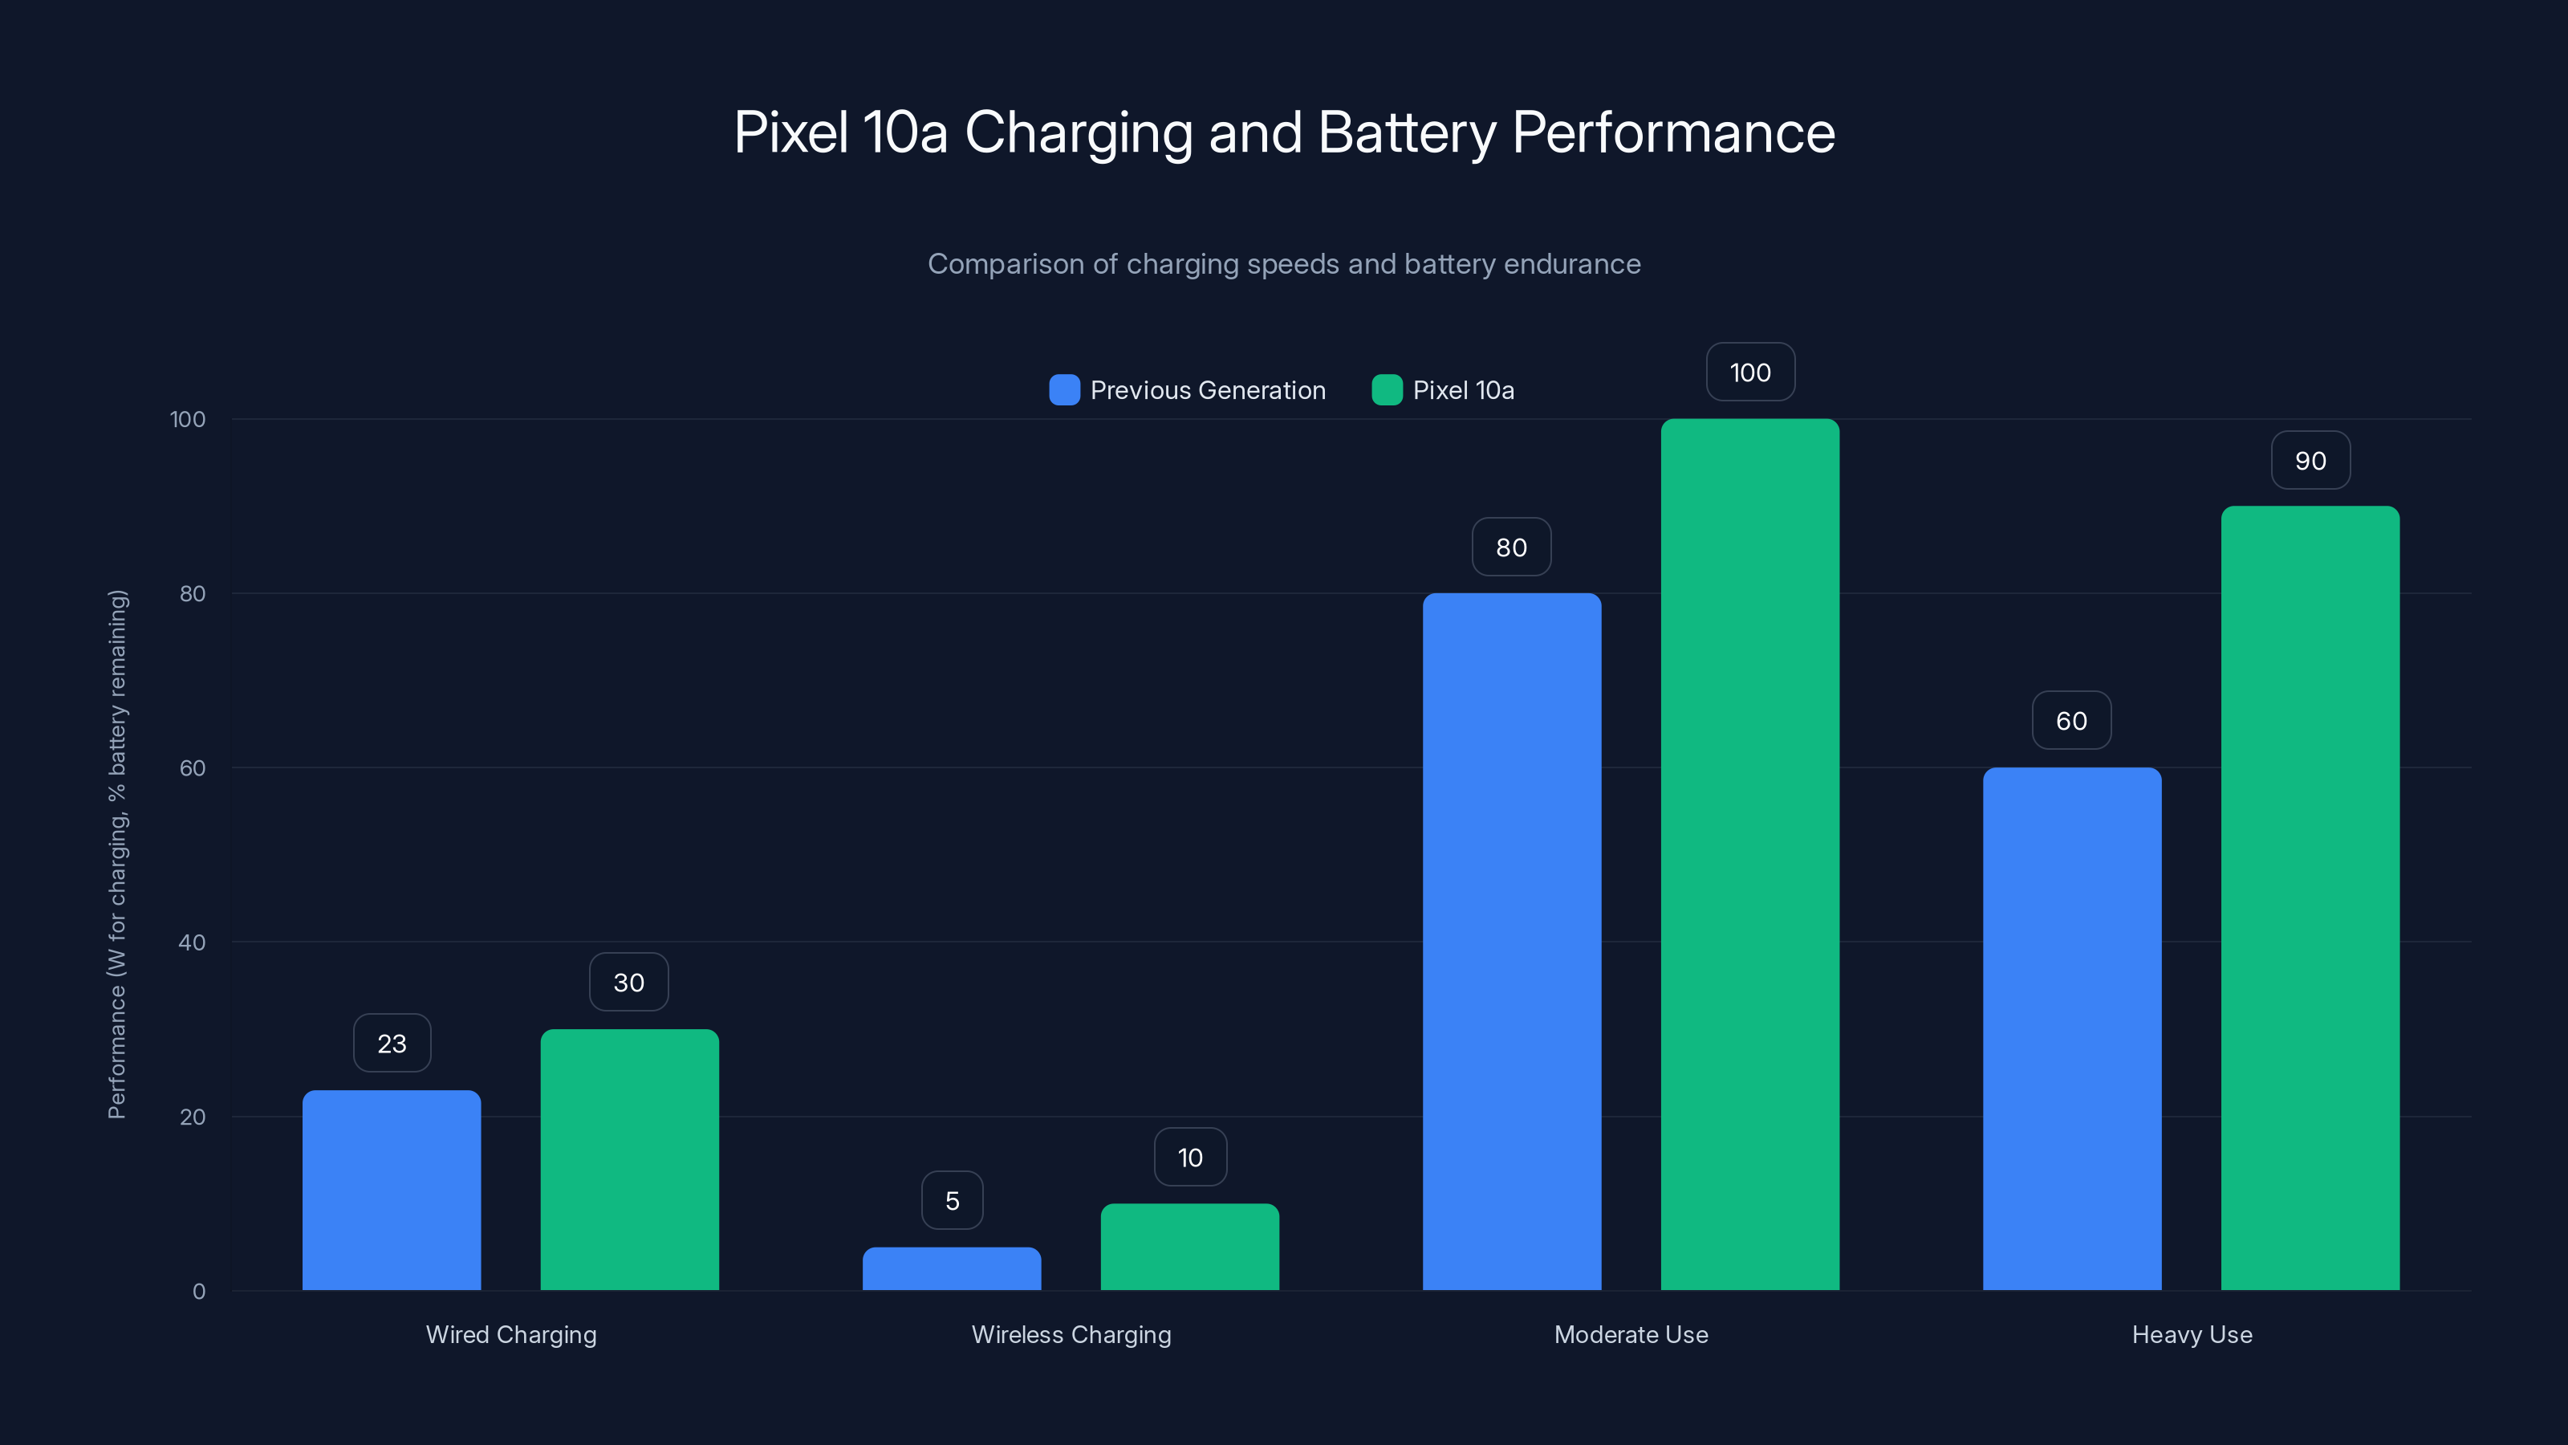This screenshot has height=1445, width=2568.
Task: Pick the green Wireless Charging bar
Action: pos(1189,1247)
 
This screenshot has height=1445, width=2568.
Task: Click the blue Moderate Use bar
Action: pos(1511,942)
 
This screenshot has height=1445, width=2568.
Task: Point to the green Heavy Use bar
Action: pos(2310,898)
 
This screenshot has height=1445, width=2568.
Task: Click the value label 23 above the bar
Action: pos(392,1043)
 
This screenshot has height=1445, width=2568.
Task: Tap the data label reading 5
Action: pos(952,1201)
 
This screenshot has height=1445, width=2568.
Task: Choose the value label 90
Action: pos(2310,461)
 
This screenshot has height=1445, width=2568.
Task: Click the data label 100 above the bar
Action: pos(1749,373)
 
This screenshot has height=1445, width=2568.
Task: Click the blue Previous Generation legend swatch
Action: pos(1063,390)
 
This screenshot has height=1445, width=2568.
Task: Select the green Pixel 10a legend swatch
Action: pos(1387,390)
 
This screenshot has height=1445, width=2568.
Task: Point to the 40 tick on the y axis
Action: pos(192,942)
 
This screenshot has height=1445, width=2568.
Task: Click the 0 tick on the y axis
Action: pos(198,1292)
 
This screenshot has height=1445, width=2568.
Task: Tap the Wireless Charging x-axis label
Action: pos(1071,1334)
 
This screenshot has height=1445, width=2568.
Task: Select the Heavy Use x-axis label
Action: pos(2191,1334)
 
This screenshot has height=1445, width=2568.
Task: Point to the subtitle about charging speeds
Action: pos(1283,264)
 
